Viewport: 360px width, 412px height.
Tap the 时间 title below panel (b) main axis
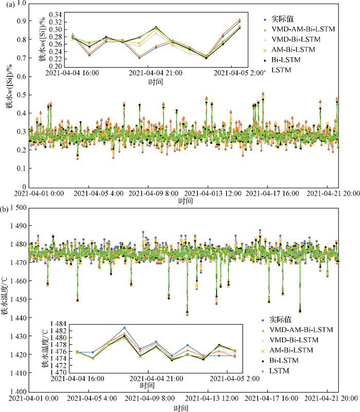[x=181, y=407]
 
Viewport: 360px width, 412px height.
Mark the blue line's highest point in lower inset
[x=124, y=328]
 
